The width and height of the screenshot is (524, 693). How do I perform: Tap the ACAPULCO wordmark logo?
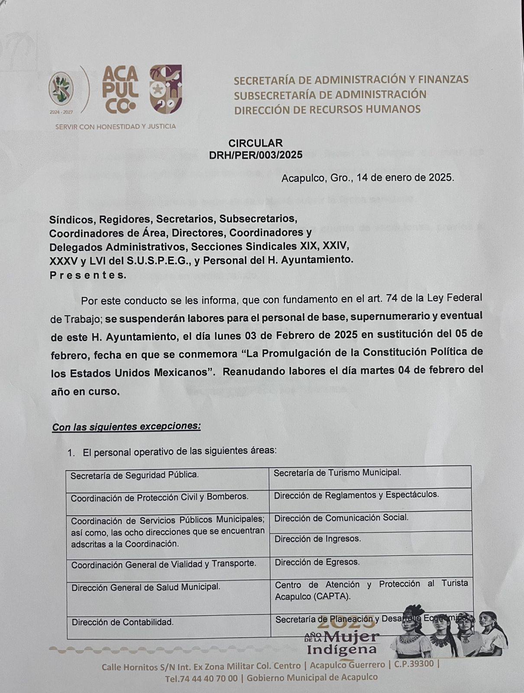coord(120,91)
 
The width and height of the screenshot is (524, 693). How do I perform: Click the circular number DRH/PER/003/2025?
coord(256,155)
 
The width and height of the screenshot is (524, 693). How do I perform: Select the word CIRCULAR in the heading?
coord(256,143)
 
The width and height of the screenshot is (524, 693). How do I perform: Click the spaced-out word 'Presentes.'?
coord(88,275)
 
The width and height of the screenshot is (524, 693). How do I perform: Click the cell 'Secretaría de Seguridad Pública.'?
coord(135,475)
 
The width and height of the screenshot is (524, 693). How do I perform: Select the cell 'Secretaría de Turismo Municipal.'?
coord(337,473)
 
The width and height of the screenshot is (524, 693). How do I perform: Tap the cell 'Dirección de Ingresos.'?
coord(317,539)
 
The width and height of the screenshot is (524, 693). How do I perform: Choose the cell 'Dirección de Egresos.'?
coord(317,562)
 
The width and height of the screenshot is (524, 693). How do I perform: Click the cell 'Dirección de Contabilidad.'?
coord(123,622)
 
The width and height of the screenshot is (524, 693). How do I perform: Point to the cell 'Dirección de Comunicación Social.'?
coord(341,518)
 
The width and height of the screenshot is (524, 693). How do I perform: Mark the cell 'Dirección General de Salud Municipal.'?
coord(146,587)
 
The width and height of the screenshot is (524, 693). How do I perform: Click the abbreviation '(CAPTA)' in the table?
coord(334,596)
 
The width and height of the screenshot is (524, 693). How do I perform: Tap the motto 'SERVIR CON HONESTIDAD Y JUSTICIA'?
coord(115,126)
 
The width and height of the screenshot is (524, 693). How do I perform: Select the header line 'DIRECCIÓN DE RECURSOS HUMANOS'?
coord(327,109)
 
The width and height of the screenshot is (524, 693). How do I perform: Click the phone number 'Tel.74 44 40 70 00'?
coord(201,678)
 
